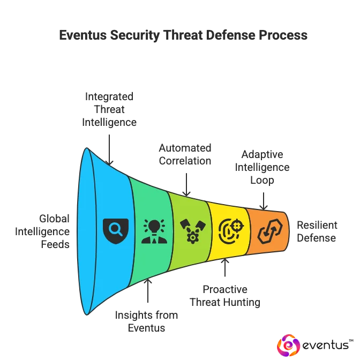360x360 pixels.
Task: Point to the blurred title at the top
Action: point(182,36)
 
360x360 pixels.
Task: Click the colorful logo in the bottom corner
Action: point(288,346)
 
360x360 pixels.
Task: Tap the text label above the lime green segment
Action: point(186,154)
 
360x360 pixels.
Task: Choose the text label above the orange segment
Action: point(264,166)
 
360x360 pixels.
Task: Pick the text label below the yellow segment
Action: point(225,297)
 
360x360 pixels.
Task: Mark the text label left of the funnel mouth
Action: point(42,231)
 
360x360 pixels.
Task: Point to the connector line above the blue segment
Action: point(110,145)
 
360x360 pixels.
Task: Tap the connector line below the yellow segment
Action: point(225,270)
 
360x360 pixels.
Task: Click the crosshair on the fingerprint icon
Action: point(237,226)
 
